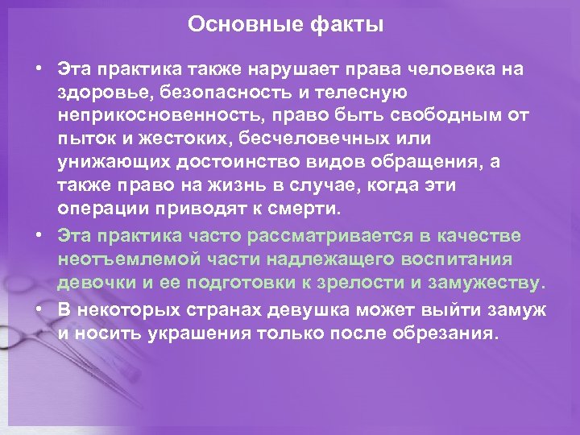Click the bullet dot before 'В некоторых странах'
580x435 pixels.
coord(38,308)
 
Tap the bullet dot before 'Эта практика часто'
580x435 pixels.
coord(38,235)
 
